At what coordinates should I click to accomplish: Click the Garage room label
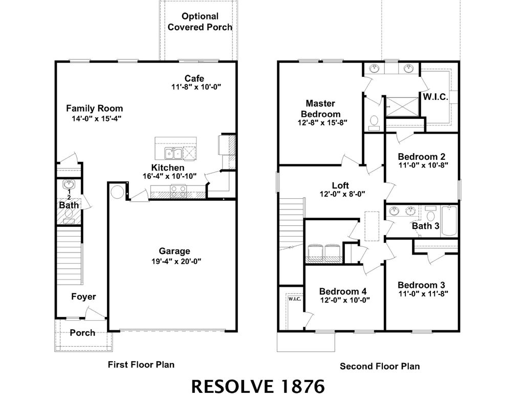(x=174, y=251)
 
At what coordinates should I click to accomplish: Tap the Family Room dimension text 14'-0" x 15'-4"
(x=97, y=118)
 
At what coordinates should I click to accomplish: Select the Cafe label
(x=194, y=78)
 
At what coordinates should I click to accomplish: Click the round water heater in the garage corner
(x=117, y=192)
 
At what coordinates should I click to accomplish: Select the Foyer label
(x=83, y=297)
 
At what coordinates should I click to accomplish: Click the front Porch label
(x=82, y=332)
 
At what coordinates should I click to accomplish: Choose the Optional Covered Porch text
(x=200, y=22)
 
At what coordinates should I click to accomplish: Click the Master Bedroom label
(x=320, y=109)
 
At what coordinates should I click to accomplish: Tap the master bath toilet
(x=374, y=121)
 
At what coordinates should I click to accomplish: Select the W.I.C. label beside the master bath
(x=435, y=97)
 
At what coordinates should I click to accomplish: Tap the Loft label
(x=340, y=185)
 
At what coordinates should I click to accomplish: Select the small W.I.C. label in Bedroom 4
(x=294, y=299)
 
